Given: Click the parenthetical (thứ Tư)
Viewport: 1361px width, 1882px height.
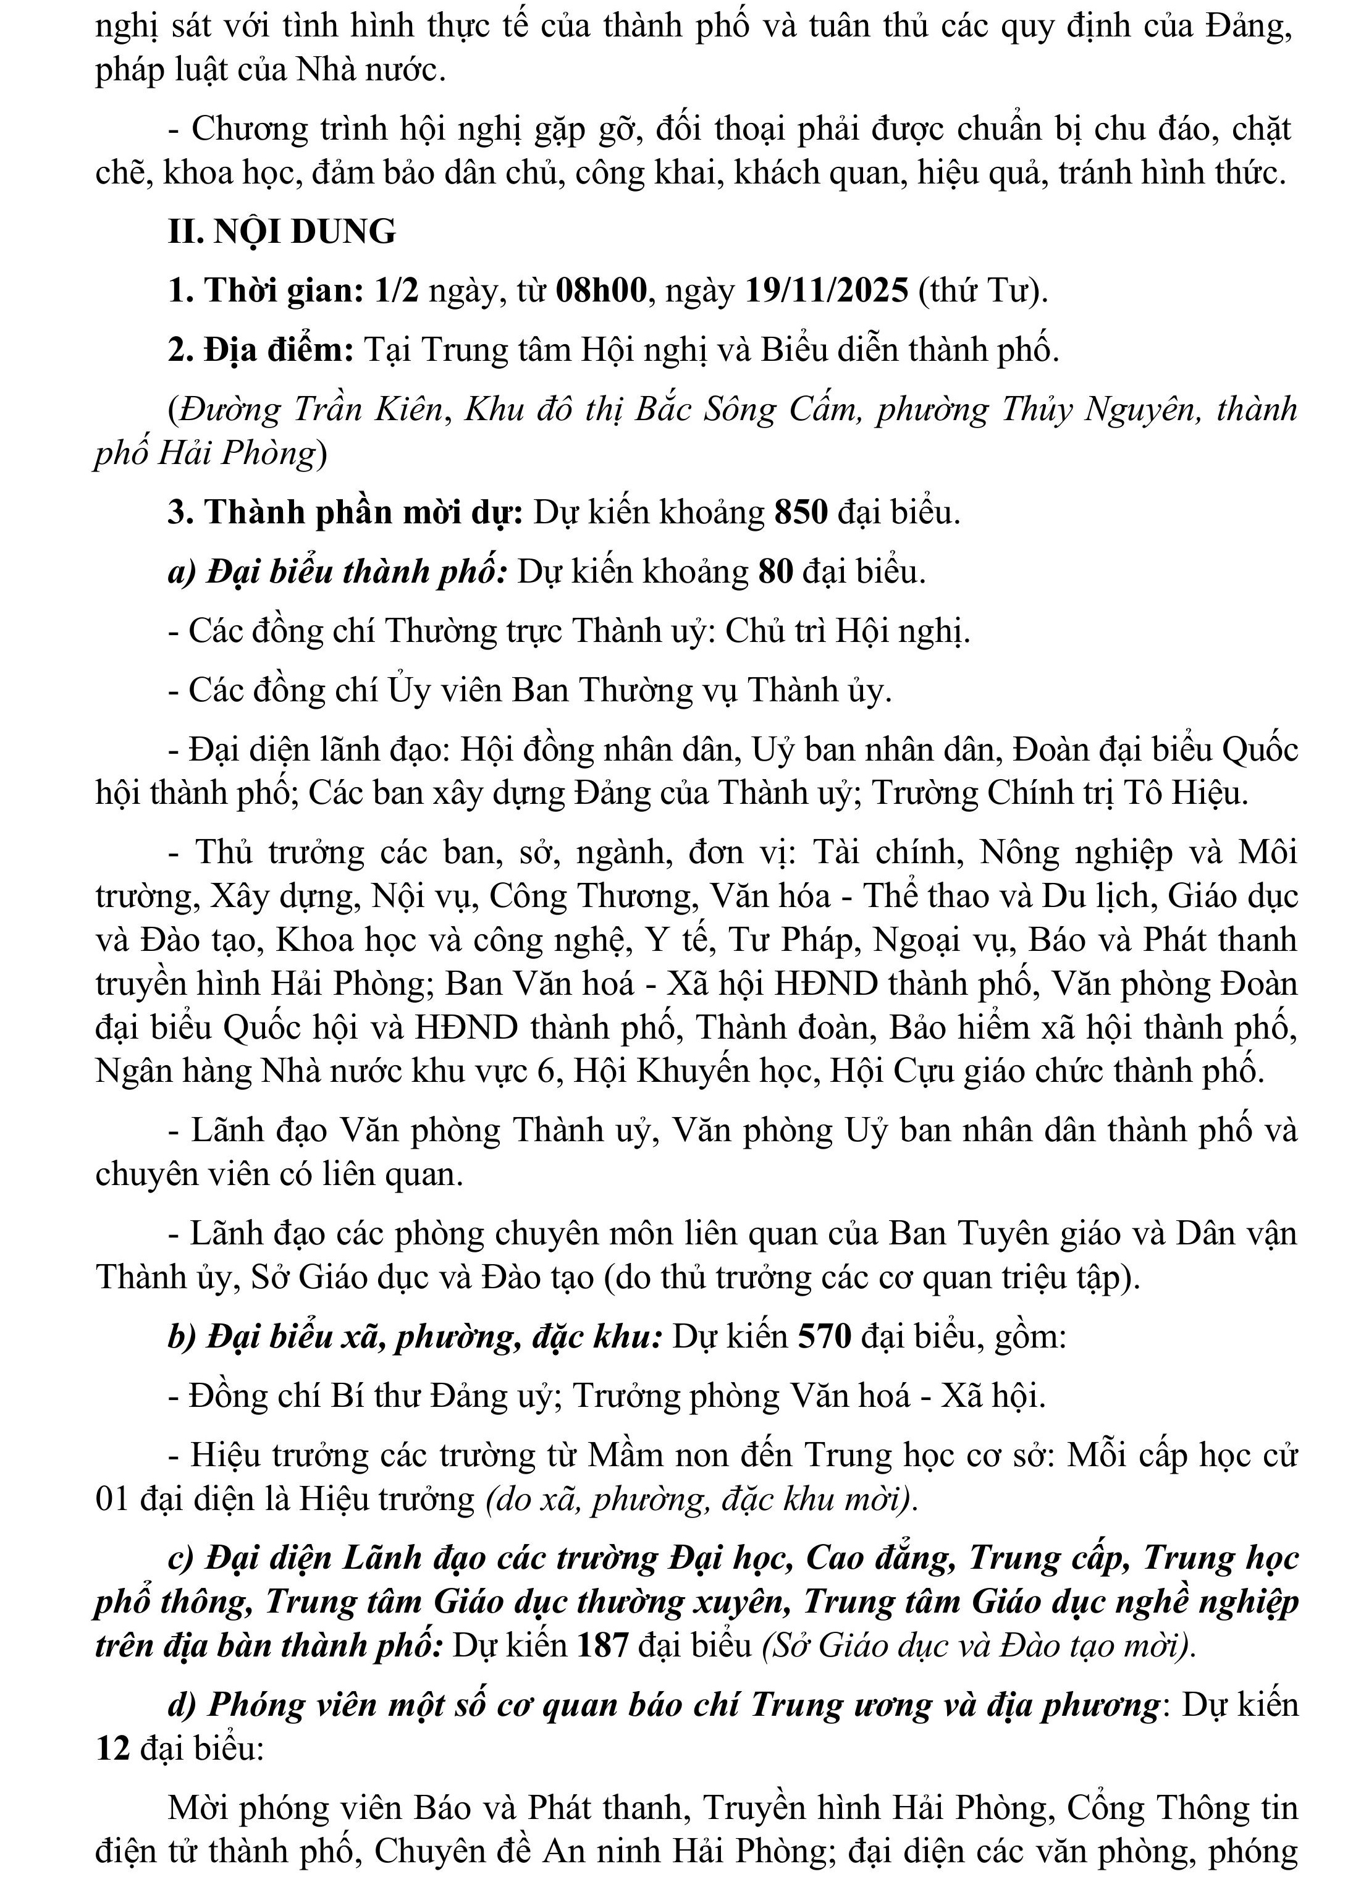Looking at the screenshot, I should tap(982, 291).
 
